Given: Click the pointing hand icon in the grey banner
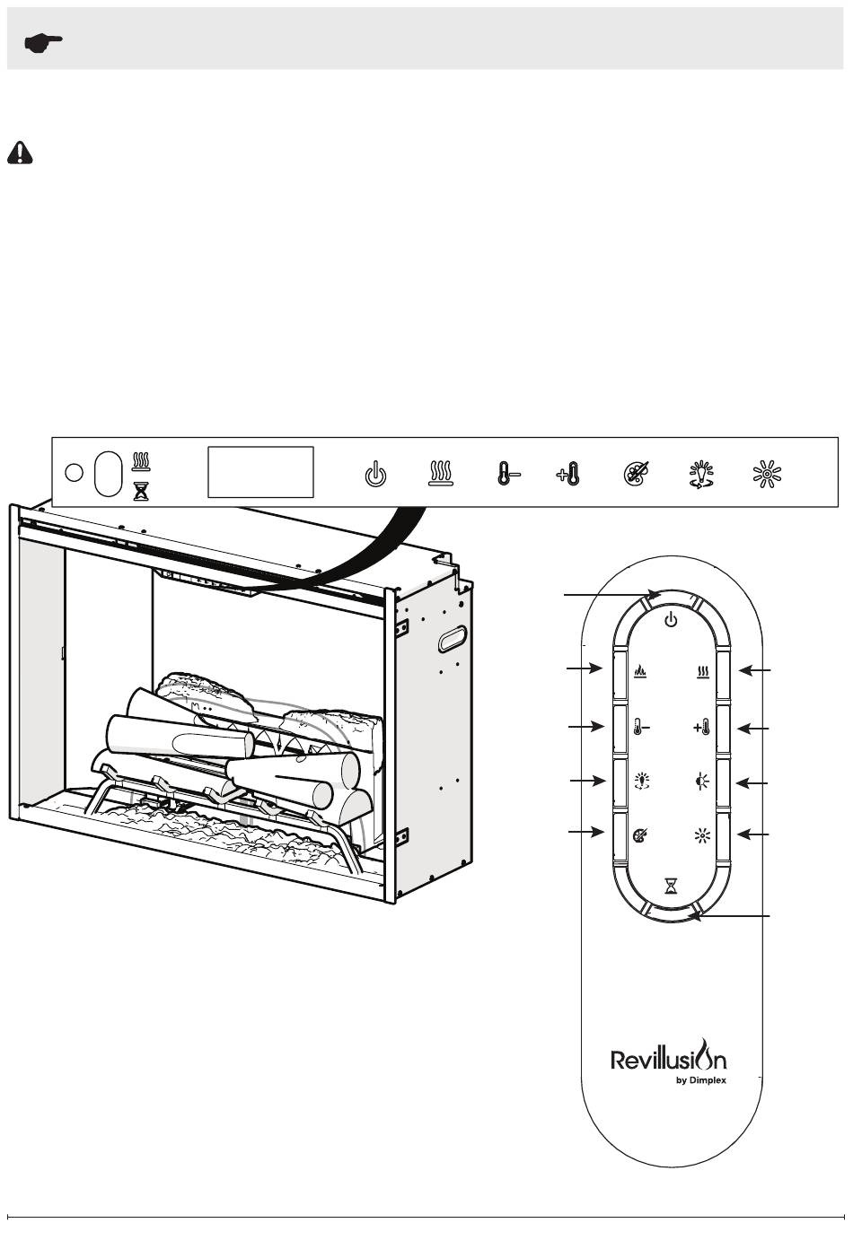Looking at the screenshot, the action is point(43,43).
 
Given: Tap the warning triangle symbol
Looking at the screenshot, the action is point(20,153).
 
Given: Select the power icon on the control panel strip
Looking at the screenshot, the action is point(375,474).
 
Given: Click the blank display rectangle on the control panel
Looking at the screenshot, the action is point(260,472).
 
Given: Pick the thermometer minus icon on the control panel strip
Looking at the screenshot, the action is point(507,474).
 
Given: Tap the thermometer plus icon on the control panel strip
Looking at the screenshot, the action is point(568,474).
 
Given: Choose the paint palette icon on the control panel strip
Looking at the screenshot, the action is point(637,474).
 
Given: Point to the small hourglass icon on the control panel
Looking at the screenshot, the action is point(140,492).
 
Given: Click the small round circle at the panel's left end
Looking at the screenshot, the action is point(75,472).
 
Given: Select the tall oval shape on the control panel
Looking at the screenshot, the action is point(108,473).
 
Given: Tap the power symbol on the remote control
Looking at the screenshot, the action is point(671,621).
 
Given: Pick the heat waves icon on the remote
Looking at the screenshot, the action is point(702,671).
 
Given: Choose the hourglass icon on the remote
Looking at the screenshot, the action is point(671,887).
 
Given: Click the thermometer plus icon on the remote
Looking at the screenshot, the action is point(701,728).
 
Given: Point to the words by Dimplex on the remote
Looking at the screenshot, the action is point(700,1080).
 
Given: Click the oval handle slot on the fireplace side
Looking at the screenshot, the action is point(453,639).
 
